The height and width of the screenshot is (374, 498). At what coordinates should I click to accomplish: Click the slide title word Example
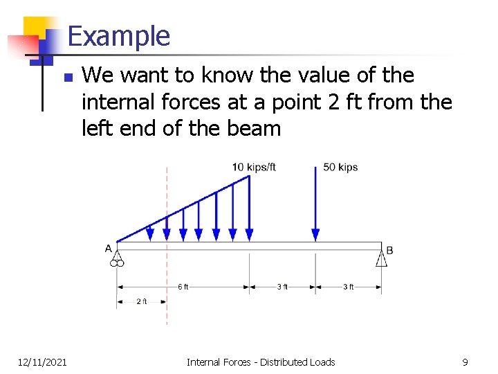point(119,36)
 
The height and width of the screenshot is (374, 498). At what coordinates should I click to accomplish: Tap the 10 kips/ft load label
point(254,167)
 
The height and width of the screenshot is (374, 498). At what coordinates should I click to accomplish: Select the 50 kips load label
point(340,167)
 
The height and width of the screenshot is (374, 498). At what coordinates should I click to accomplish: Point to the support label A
point(109,248)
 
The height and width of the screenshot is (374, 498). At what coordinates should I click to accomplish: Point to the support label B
point(389,249)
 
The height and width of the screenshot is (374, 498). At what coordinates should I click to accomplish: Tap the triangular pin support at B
point(381,258)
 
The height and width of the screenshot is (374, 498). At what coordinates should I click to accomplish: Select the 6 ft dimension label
point(183,287)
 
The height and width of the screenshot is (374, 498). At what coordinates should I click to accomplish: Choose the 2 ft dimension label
point(141,301)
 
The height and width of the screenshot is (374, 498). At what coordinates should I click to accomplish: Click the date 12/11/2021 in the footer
point(42,362)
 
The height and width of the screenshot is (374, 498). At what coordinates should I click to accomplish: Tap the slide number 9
point(465,362)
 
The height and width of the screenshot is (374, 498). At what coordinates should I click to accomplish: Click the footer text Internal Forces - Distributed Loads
point(260,362)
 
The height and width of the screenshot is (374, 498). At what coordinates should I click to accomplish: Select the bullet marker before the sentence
point(66,77)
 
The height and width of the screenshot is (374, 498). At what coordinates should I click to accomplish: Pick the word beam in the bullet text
point(257,128)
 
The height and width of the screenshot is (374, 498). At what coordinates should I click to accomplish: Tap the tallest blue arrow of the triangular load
point(249,208)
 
